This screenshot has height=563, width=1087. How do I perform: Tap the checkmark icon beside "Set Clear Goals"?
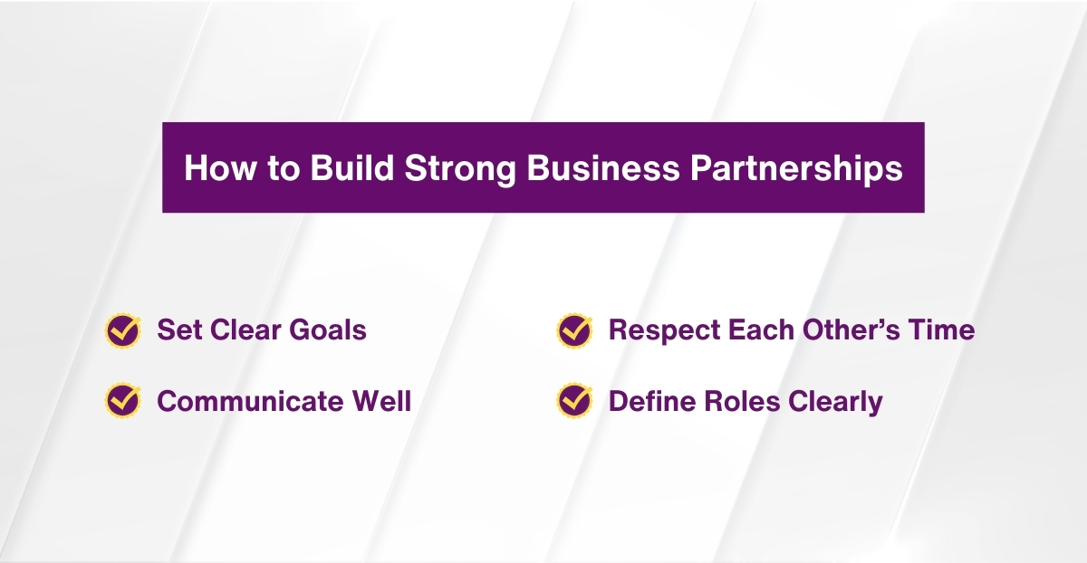coord(122,330)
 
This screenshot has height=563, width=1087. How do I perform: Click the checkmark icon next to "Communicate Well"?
coord(122,400)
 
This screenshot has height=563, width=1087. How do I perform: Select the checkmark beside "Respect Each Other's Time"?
coord(573,330)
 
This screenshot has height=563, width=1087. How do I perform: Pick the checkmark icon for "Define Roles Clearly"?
coord(573,400)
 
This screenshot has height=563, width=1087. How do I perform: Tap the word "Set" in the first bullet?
coord(178,330)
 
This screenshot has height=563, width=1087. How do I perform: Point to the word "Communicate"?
coord(247,400)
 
